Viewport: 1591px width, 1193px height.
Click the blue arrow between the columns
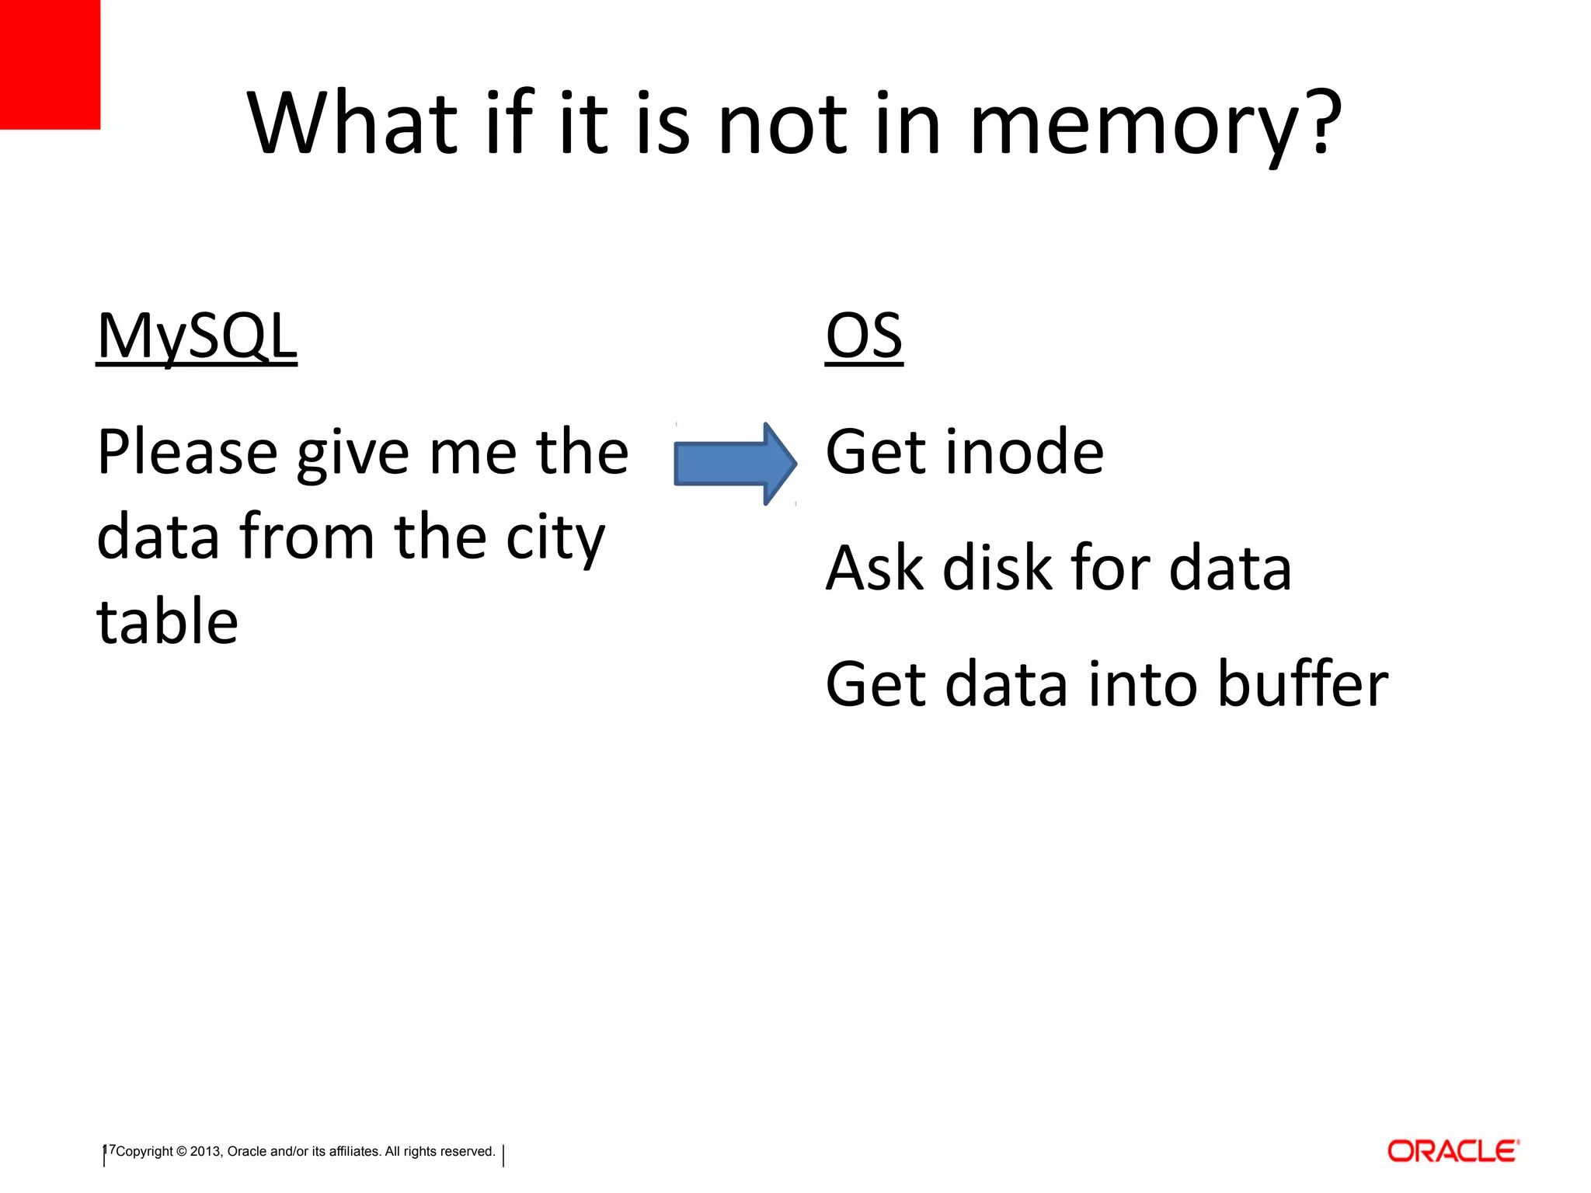click(734, 464)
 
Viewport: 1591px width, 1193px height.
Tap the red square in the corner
click(50, 64)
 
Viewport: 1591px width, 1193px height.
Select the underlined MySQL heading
click(197, 336)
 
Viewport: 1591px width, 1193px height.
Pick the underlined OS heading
click(864, 336)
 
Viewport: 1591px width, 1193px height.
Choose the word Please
click(187, 454)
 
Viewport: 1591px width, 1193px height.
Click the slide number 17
click(109, 1150)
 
